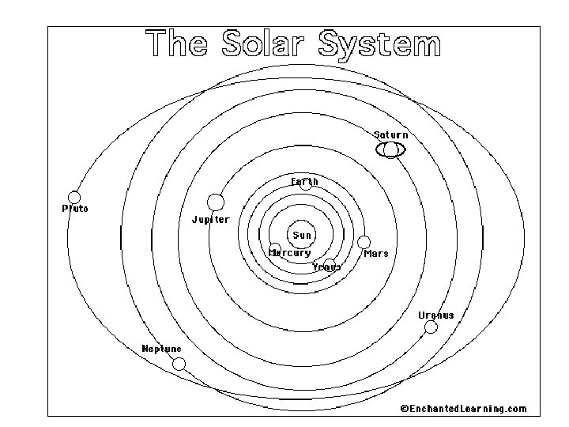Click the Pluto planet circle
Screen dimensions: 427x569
(74, 197)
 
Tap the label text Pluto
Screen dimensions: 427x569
(75, 209)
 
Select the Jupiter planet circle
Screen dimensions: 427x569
(215, 202)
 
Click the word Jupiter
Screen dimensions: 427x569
(210, 220)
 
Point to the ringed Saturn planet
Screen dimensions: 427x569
(390, 149)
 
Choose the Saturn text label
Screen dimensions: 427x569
(391, 135)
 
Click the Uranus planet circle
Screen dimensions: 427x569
(431, 327)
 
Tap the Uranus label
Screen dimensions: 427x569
(436, 315)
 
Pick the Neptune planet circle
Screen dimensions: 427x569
(179, 364)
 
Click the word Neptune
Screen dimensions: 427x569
(161, 349)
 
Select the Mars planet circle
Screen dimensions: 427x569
(364, 242)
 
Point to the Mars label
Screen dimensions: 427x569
(376, 254)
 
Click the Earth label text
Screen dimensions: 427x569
(305, 182)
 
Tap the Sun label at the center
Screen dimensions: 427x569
(303, 235)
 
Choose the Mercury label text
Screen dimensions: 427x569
(290, 253)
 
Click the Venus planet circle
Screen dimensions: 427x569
(330, 263)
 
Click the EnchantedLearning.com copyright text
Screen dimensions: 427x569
(463, 409)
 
